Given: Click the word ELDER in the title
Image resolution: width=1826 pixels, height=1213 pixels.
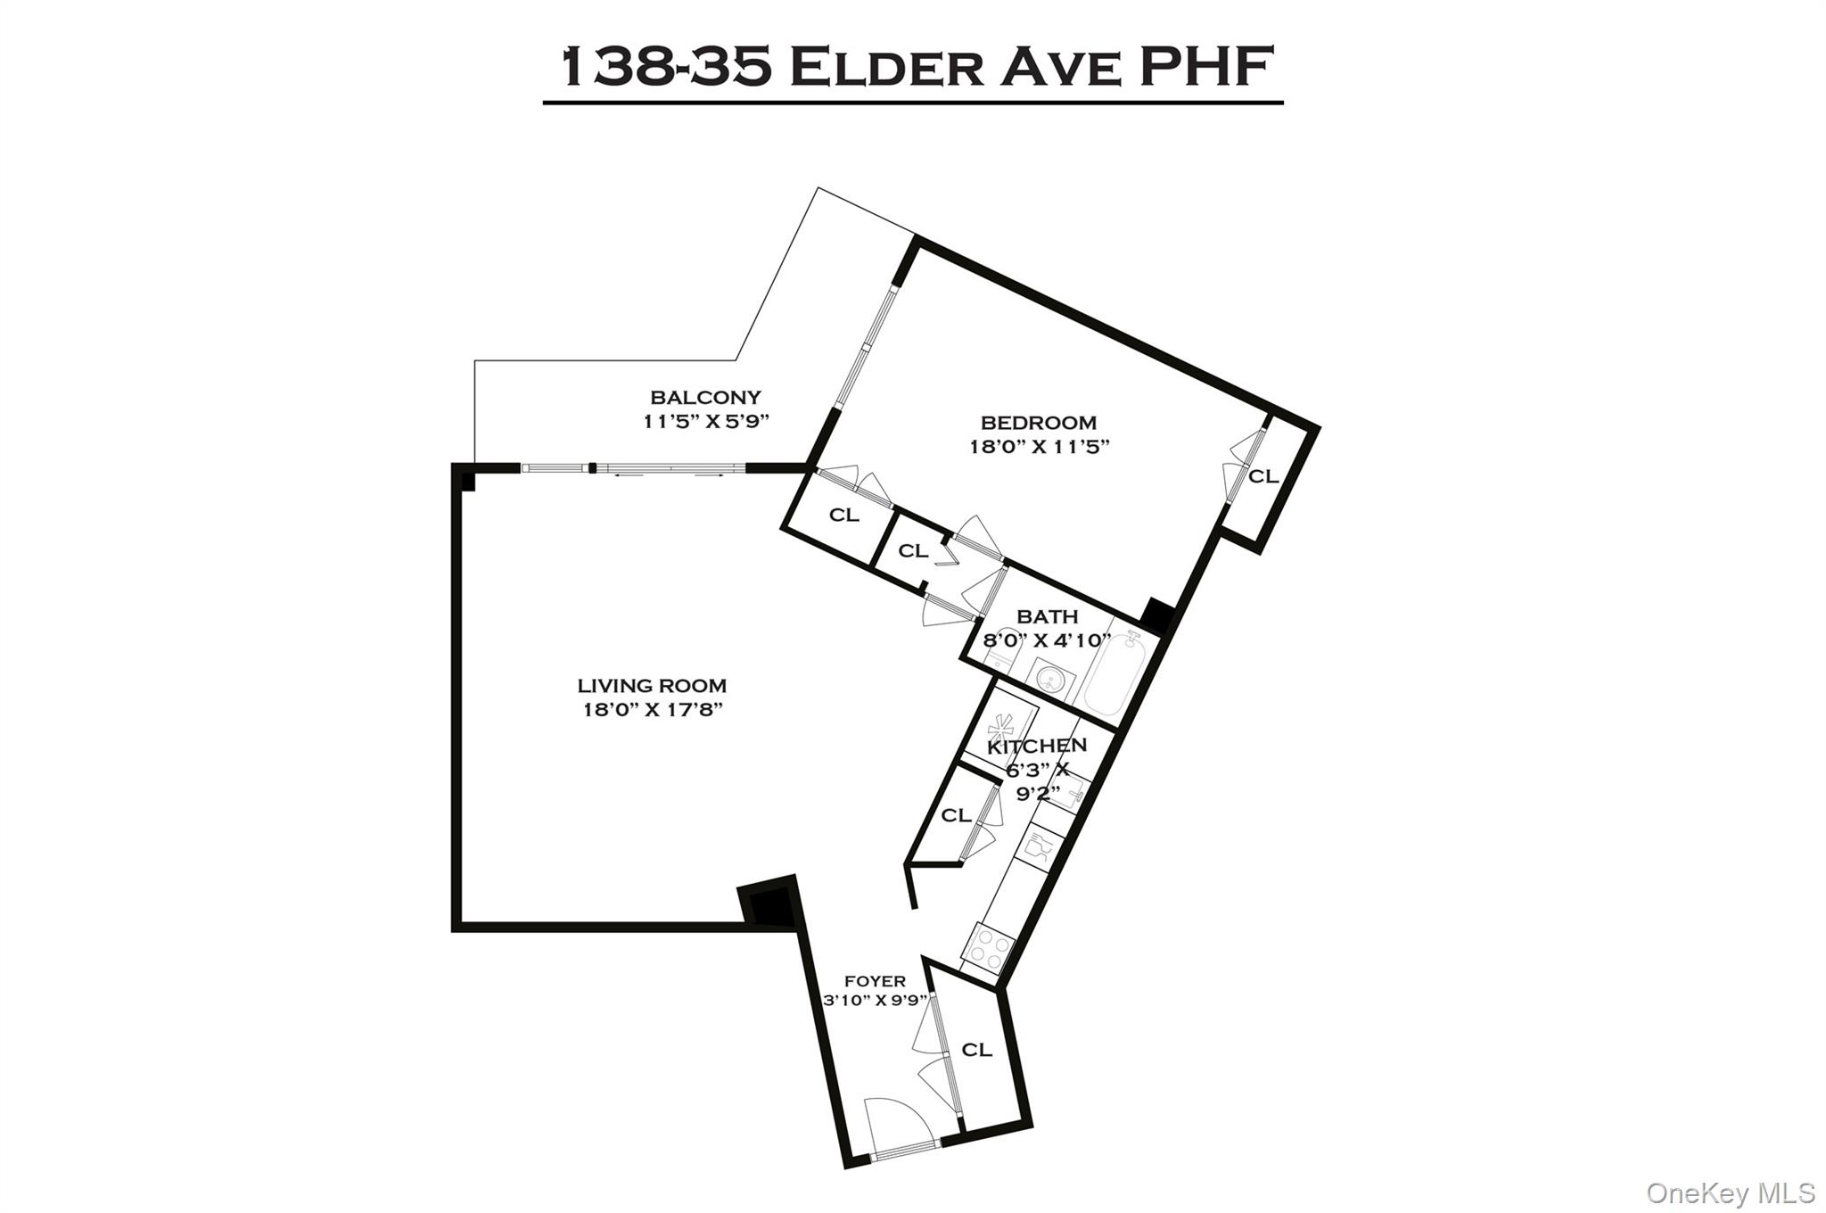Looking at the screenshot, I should [x=886, y=68].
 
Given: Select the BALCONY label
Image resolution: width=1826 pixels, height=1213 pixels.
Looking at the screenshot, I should [x=705, y=398].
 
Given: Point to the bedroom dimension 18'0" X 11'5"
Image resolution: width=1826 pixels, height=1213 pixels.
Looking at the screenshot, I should [x=1039, y=447].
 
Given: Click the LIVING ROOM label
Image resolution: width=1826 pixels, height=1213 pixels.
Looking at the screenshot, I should [x=652, y=686].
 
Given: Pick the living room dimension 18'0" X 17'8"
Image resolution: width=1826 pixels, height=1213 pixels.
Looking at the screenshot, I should [x=652, y=711].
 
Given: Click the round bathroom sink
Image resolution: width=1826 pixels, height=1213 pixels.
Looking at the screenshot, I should [x=1049, y=676].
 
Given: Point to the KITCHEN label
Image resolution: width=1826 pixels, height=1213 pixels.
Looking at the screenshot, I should [x=1037, y=746].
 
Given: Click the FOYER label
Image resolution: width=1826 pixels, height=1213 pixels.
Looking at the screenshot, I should [x=875, y=981].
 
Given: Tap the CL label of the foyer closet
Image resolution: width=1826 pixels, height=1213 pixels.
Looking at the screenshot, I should [x=976, y=1051].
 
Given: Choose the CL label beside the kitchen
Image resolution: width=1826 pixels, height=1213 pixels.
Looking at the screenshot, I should [x=956, y=815].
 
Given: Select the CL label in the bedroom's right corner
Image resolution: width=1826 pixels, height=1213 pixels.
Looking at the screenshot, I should [x=1263, y=477].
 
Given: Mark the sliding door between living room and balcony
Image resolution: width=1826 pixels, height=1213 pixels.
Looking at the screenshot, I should [x=633, y=468].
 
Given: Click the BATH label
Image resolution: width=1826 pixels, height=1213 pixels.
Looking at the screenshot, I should [x=1047, y=616].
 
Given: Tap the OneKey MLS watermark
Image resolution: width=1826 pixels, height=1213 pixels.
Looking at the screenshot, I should [x=1730, y=1192].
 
